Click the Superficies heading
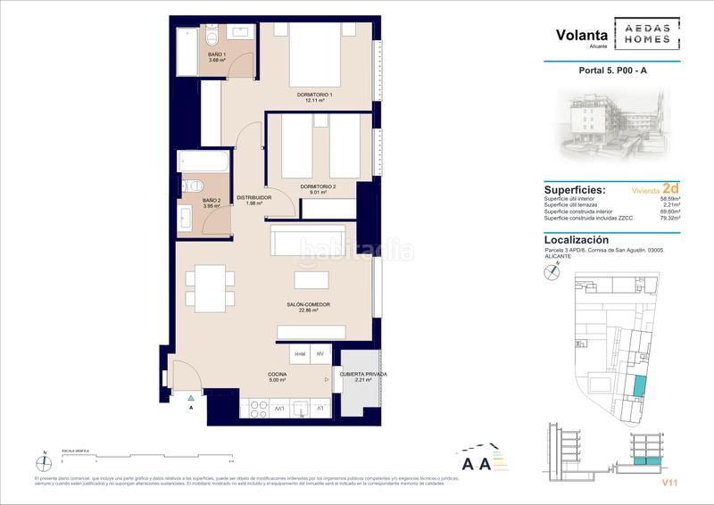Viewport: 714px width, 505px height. pos(574,190)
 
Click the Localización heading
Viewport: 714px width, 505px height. pos(577,240)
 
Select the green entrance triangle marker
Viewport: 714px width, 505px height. pos(191,396)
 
